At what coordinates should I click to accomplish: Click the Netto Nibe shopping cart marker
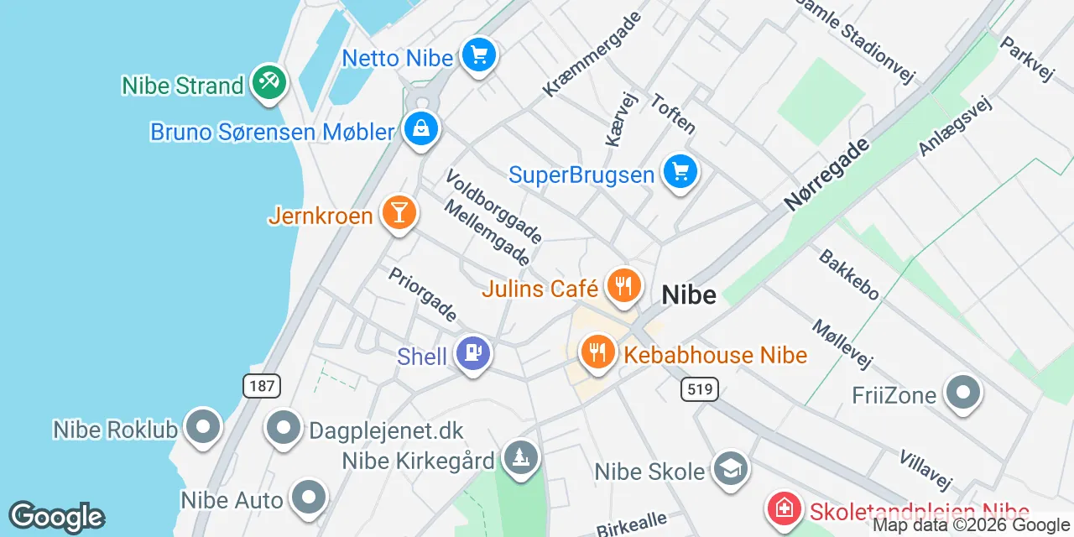[479, 56]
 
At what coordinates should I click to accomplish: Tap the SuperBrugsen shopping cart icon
[680, 172]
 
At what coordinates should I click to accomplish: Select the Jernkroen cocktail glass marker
[399, 212]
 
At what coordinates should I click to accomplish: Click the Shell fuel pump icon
[473, 353]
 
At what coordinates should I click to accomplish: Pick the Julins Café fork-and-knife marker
[623, 286]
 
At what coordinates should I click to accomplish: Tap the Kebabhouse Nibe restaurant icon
[597, 351]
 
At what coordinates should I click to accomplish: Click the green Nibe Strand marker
[268, 82]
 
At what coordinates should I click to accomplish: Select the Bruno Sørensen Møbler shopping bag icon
[420, 129]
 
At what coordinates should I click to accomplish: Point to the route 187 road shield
[262, 386]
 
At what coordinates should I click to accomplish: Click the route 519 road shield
[699, 388]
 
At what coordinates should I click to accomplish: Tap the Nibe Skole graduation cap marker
[730, 468]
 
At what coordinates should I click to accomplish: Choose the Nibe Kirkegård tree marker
[521, 457]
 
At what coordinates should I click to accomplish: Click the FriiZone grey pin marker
[962, 392]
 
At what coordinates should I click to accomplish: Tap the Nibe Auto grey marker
[309, 497]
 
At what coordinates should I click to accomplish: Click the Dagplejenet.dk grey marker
[284, 428]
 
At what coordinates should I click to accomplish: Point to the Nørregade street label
[826, 175]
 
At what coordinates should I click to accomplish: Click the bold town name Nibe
[689, 295]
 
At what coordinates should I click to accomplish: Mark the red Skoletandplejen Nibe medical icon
[784, 509]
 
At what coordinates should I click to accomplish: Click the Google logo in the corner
[56, 517]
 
